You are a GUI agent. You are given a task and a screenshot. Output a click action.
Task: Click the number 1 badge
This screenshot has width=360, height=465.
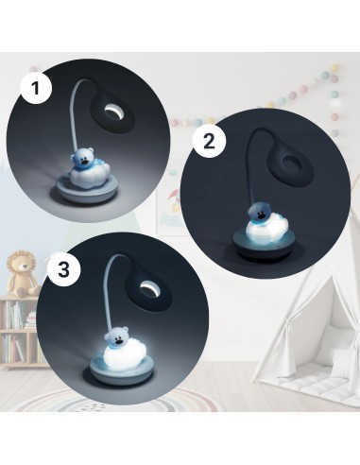point(36,88)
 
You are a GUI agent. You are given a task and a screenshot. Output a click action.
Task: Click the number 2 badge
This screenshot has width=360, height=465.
point(209,142)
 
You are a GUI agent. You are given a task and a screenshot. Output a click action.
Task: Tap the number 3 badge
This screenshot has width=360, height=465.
point(63,270)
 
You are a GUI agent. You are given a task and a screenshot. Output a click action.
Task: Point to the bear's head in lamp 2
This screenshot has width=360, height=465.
point(260,214)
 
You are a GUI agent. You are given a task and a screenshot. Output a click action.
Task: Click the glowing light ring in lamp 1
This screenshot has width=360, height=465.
point(112,112)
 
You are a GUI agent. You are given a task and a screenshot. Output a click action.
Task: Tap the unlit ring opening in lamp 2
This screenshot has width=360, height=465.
point(290,164)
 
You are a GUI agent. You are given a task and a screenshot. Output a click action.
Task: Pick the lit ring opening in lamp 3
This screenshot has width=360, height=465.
point(148,289)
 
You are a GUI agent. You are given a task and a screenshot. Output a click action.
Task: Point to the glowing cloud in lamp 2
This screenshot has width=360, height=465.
point(268,229)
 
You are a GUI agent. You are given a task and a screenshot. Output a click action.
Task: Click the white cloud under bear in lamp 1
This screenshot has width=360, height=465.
point(89,177)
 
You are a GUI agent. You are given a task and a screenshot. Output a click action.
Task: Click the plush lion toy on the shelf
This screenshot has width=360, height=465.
point(23,273)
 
